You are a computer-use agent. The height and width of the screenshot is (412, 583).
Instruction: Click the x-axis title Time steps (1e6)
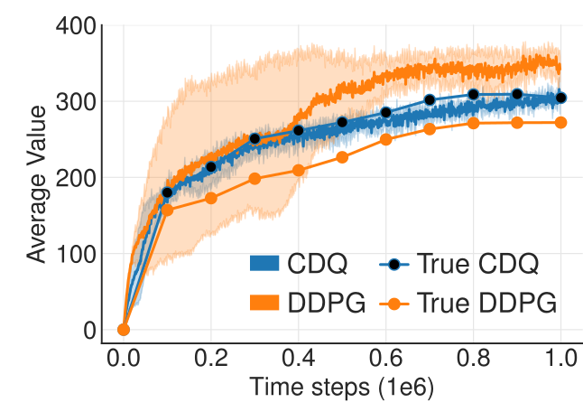tap(341, 390)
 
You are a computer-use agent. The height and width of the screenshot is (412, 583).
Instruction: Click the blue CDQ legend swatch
tap(266, 263)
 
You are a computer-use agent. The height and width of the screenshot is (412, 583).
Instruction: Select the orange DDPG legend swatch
tap(266, 303)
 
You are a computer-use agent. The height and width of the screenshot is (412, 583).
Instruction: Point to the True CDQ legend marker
tap(393, 263)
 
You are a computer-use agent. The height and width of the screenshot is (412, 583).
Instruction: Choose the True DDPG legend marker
tap(393, 303)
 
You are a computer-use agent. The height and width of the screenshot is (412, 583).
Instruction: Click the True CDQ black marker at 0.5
tap(342, 122)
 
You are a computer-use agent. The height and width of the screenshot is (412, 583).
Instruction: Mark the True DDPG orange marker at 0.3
tap(254, 178)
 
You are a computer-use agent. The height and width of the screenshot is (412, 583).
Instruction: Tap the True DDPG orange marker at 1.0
tap(560, 122)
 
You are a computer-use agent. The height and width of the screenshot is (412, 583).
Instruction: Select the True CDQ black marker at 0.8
tap(473, 94)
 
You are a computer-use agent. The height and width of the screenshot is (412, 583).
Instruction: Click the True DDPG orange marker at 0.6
tap(385, 139)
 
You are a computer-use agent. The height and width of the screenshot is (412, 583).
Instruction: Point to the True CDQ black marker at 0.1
tap(167, 192)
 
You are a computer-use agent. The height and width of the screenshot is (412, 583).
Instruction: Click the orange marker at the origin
tap(124, 330)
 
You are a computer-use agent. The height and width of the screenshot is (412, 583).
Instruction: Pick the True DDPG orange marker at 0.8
tap(473, 123)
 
